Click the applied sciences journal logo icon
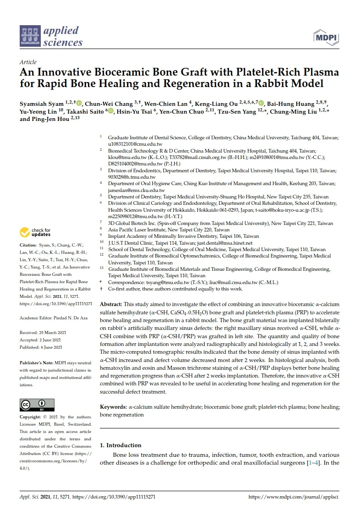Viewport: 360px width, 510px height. click(x=30, y=37)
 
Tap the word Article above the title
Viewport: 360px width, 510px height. click(x=28, y=62)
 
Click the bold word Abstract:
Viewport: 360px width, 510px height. click(x=111, y=305)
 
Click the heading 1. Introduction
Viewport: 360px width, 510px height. click(x=120, y=445)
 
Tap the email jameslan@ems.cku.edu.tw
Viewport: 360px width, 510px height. click(x=136, y=190)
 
